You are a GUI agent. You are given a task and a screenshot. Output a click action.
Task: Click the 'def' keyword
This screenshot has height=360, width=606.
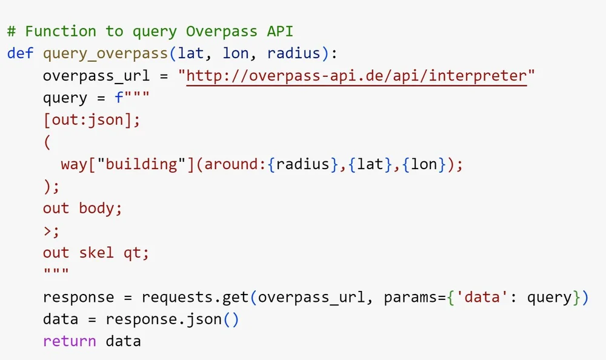(20, 53)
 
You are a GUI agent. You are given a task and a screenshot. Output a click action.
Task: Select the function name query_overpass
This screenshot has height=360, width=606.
(105, 53)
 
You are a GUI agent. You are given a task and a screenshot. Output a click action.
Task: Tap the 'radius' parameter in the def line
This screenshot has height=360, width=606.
(293, 53)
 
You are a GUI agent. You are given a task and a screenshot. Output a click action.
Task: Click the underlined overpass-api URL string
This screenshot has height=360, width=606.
(357, 76)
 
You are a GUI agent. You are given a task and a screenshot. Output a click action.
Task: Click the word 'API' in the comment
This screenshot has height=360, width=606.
(280, 31)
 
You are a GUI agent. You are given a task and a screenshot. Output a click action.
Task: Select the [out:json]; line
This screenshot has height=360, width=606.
(92, 120)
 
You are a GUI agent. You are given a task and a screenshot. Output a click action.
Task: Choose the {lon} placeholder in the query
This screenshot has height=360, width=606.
(424, 164)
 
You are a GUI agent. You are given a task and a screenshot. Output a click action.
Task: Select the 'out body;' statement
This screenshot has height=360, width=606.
(82, 208)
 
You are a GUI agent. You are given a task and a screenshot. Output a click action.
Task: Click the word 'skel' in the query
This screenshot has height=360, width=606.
(96, 253)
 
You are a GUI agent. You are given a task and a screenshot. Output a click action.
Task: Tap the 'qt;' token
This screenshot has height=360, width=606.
(136, 253)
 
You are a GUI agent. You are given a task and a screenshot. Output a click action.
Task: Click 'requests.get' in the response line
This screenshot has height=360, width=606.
(195, 298)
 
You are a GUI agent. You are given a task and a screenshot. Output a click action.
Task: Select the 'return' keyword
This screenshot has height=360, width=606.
(69, 341)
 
